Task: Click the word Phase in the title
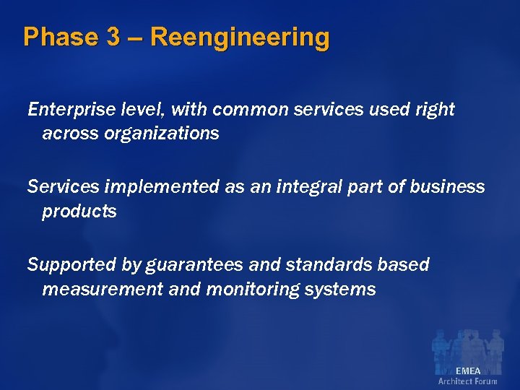click(60, 37)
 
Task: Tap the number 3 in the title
click(113, 37)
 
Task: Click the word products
click(79, 212)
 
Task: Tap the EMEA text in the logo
click(468, 370)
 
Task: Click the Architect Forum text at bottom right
click(468, 381)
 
